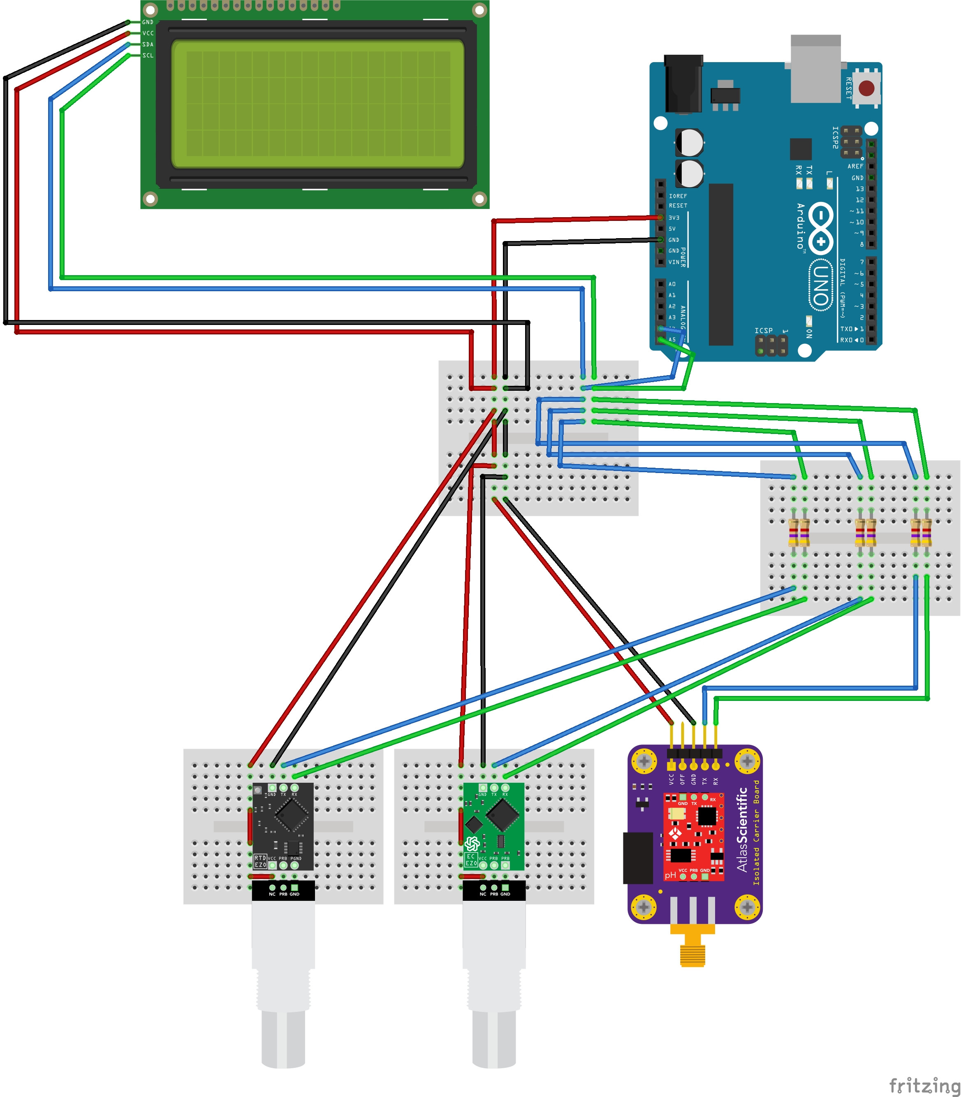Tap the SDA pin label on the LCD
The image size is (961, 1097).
pyautogui.click(x=148, y=44)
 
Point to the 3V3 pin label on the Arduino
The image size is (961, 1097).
pyautogui.click(x=674, y=218)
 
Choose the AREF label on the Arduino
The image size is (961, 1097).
pyautogui.click(x=855, y=166)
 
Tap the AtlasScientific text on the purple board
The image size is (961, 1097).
pyautogui.click(x=743, y=829)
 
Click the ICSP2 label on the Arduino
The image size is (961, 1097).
pyautogui.click(x=835, y=138)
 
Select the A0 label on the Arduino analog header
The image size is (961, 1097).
pyautogui.click(x=672, y=284)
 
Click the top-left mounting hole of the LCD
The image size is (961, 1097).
pyautogui.click(x=151, y=9)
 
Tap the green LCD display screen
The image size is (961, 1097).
pyautogui.click(x=317, y=104)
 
